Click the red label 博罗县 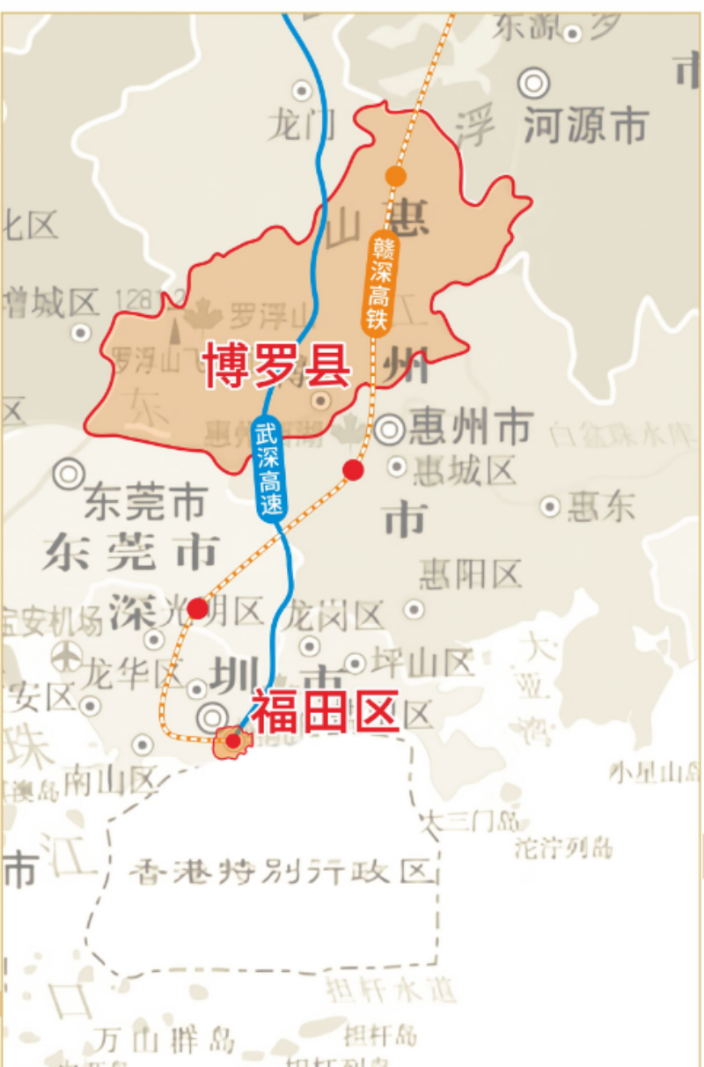coord(278,365)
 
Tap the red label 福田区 coord(326,711)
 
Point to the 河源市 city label coord(586,126)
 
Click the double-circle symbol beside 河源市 coord(533,84)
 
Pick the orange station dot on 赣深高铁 coord(396,176)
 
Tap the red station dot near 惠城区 coord(353,470)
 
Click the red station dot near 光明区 coord(198,608)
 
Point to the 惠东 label coord(602,506)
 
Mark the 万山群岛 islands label coord(166,1040)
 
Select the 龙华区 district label coord(133,675)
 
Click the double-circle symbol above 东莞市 coord(69,474)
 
